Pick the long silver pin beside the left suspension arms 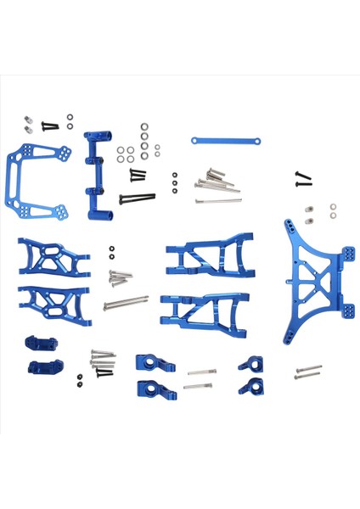tap(126, 302)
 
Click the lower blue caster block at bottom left tap(39, 368)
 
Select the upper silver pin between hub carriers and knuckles tap(202, 372)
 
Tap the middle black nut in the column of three tap(175, 184)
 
